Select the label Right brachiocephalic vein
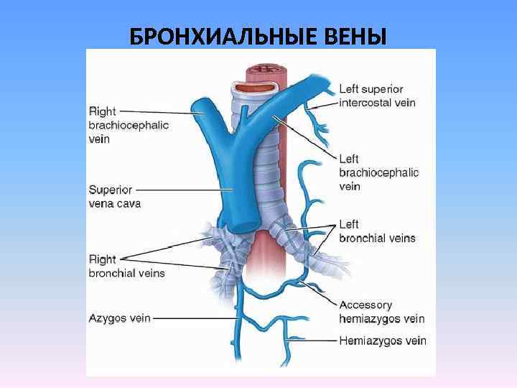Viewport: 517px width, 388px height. pyautogui.click(x=129, y=125)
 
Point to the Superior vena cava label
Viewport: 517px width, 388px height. pyautogui.click(x=115, y=196)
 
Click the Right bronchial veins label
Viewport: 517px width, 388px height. pyautogui.click(x=126, y=266)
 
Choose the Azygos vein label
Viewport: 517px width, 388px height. pyautogui.click(x=119, y=318)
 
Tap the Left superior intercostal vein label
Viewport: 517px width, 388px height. pyautogui.click(x=377, y=96)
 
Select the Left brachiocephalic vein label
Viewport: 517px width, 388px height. pyautogui.click(x=378, y=172)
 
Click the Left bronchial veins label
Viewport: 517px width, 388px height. pyautogui.click(x=377, y=231)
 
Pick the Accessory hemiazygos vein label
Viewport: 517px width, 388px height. pyautogui.click(x=381, y=312)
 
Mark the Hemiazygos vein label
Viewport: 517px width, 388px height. pyautogui.click(x=383, y=341)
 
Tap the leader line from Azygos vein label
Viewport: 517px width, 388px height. pyautogui.click(x=194, y=318)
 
